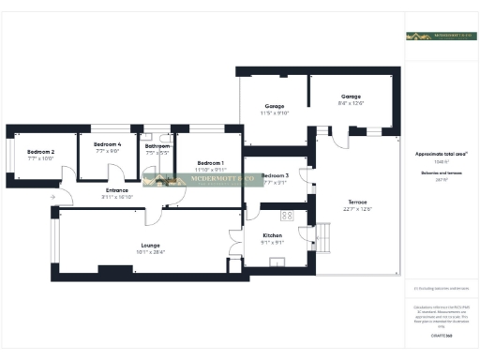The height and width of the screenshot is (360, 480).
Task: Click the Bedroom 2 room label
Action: [40, 152]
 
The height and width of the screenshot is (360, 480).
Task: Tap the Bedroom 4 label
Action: [108, 143]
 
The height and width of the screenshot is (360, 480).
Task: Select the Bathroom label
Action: [157, 146]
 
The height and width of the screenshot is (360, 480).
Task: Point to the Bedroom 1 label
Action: [209, 163]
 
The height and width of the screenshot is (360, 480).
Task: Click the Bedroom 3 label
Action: [276, 176]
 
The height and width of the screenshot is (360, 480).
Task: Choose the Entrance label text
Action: [117, 191]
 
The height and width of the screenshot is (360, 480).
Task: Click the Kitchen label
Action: [272, 235]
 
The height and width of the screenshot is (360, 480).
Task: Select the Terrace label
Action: [359, 202]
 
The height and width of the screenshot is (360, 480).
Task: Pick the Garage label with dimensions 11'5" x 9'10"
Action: [275, 106]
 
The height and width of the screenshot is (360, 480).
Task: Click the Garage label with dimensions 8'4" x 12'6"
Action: [352, 97]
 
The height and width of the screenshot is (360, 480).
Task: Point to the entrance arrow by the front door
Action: [52, 196]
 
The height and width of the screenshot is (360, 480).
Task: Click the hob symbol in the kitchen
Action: [290, 215]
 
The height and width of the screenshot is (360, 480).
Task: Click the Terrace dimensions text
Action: [359, 209]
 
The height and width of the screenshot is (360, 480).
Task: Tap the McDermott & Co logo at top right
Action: [434, 36]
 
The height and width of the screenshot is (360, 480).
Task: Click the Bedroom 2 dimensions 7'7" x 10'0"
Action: [40, 158]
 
